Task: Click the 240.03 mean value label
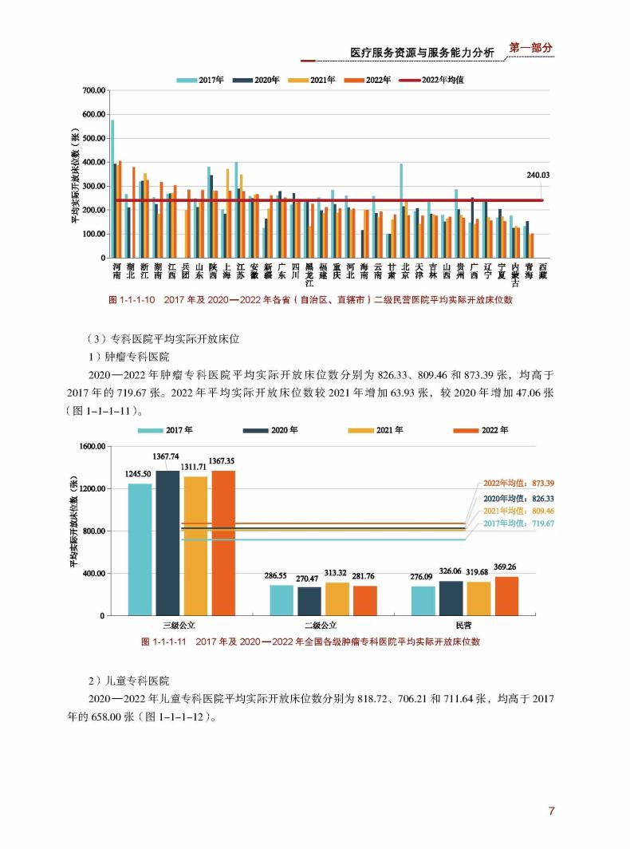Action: coord(537,176)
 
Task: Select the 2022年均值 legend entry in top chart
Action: coord(431,80)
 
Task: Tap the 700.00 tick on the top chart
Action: coord(94,90)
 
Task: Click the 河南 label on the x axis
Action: coord(117,271)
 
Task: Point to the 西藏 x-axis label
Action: coord(543,271)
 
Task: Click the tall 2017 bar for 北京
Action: coord(401,211)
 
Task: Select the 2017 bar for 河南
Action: coord(112,189)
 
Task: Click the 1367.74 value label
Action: coord(166,456)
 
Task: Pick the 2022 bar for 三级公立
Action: coord(223,543)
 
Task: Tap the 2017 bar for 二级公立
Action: coord(282,601)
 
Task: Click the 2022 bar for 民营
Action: coord(506,596)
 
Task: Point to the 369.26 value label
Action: coord(505,567)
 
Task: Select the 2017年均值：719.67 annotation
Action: coord(518,523)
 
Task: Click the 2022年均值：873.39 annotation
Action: coord(518,483)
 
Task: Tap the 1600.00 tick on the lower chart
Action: coord(93,447)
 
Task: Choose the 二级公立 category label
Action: coord(321,626)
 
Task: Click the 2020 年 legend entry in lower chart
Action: coord(270,430)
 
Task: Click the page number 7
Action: coord(552,811)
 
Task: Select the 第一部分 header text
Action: coord(531,48)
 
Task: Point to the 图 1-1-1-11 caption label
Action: coord(163,642)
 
